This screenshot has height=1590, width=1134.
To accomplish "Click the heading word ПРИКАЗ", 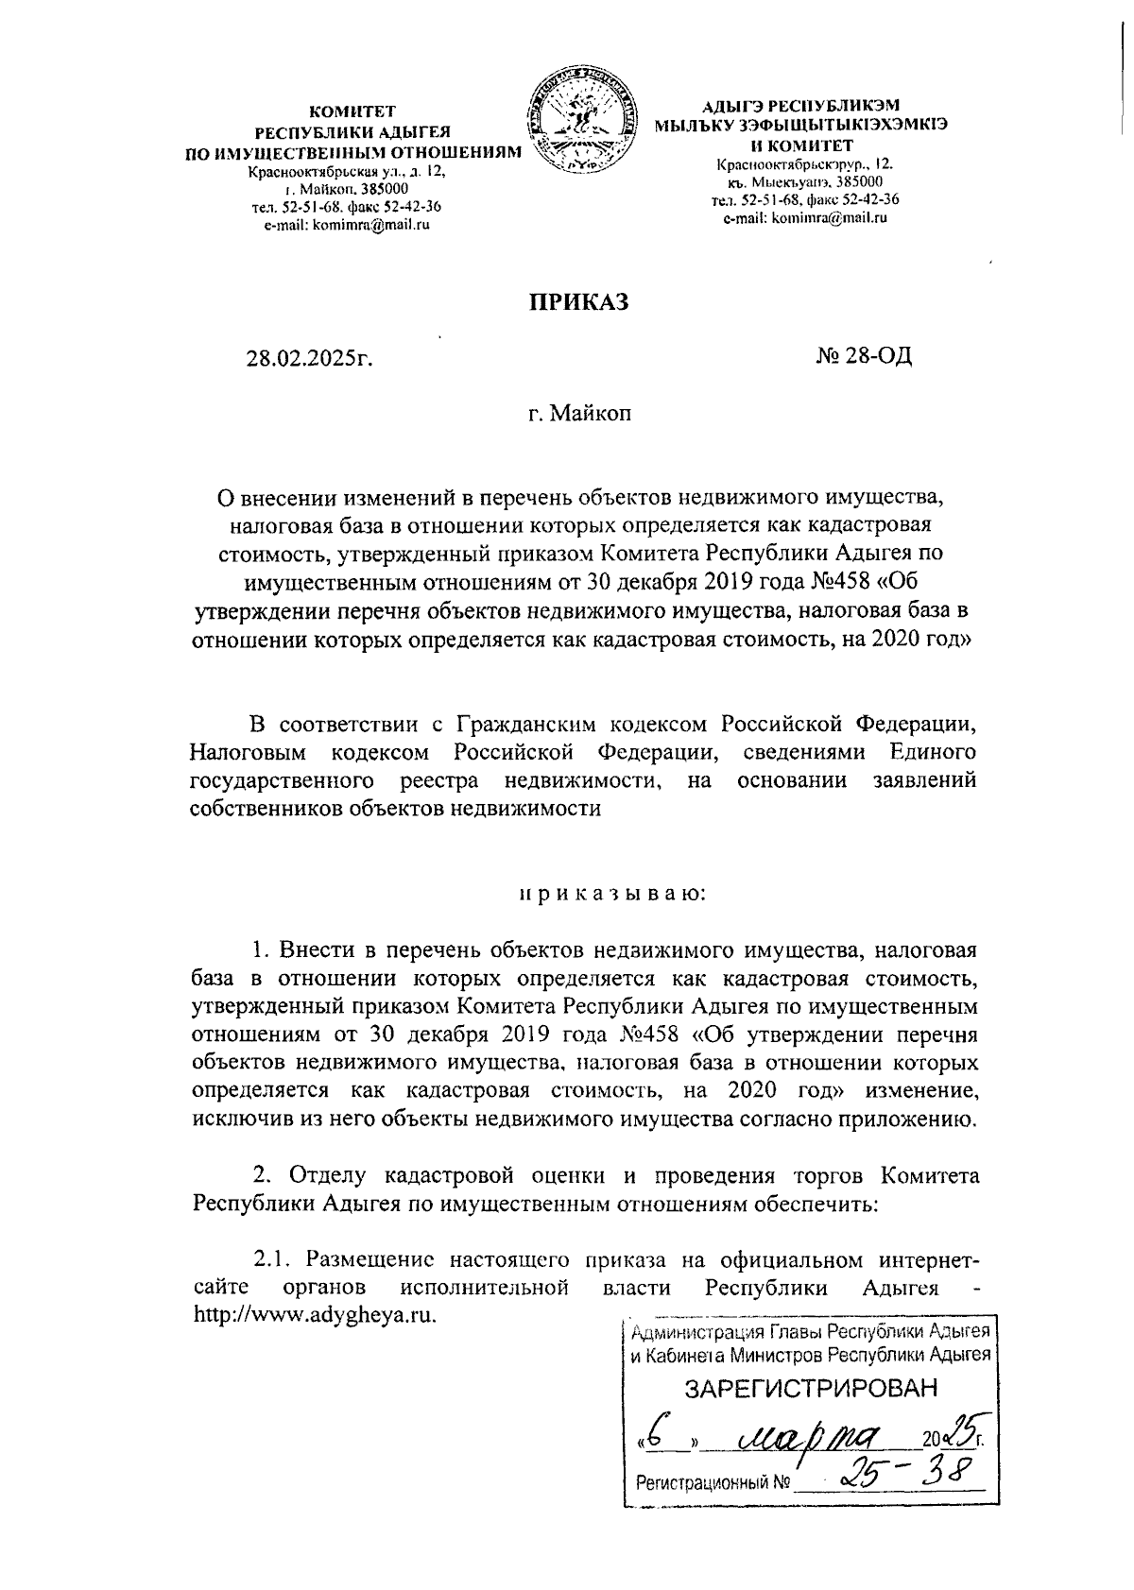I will tap(576, 301).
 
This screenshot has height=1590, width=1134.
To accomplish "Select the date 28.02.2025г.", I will tap(304, 358).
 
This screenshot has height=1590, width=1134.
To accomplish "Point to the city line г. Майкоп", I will tap(579, 413).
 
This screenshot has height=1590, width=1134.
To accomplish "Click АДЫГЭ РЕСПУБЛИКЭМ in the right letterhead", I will tap(805, 105).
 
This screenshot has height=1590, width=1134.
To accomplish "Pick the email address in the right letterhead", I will tap(804, 218).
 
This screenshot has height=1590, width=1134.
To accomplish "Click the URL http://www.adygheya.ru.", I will tap(314, 1315).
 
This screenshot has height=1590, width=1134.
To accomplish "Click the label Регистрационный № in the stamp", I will tap(713, 1482).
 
